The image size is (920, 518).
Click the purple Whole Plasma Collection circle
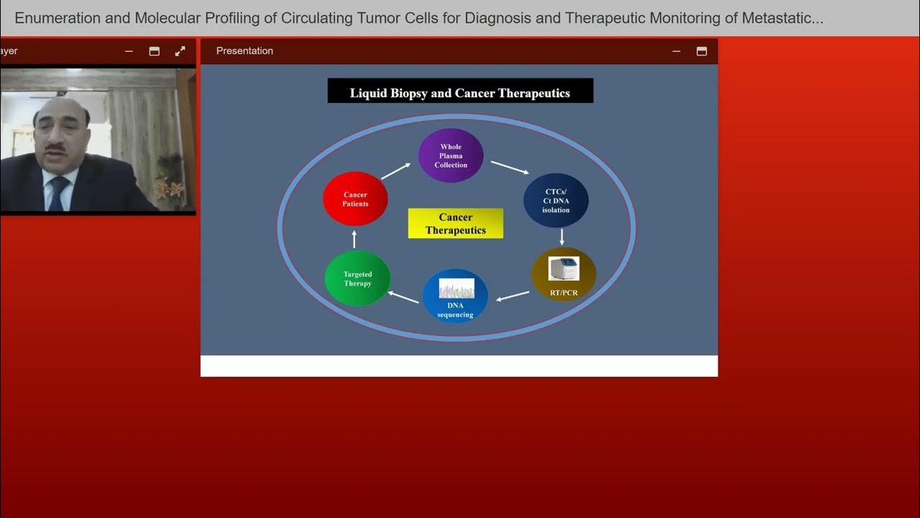[x=451, y=155]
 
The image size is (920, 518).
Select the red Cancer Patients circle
[x=355, y=199]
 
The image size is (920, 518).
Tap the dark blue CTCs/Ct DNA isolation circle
[x=556, y=201]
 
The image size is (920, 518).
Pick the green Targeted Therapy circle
[x=357, y=278]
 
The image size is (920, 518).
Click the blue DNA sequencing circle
[x=455, y=296]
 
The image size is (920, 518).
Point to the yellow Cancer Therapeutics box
[x=456, y=224]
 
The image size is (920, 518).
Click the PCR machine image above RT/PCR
[x=563, y=268]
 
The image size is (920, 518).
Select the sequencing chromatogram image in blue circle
[x=456, y=288]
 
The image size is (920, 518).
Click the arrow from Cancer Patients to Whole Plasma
[x=395, y=171]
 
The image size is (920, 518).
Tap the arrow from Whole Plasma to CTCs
[x=510, y=167]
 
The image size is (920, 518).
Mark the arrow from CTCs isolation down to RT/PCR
[x=562, y=237]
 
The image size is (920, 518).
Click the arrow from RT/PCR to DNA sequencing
[x=512, y=296]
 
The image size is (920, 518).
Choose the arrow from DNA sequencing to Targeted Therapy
[x=403, y=297]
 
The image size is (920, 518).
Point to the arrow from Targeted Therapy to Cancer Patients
[x=354, y=239]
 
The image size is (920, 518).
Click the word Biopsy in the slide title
[x=408, y=93]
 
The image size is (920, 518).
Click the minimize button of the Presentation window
[x=676, y=51]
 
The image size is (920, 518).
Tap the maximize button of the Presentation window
[x=701, y=51]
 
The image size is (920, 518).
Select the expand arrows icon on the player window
[x=180, y=51]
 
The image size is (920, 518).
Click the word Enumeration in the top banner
[x=57, y=18]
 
